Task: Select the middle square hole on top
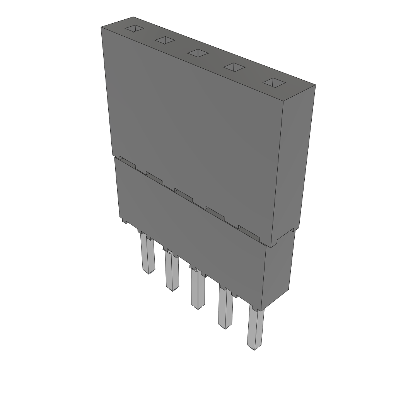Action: pyautogui.click(x=198, y=53)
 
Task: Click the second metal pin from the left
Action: pyautogui.click(x=172, y=273)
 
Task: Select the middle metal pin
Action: pyautogui.click(x=197, y=290)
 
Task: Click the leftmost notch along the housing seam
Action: pyautogui.click(x=128, y=162)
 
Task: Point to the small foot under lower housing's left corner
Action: pyautogui.click(x=124, y=222)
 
